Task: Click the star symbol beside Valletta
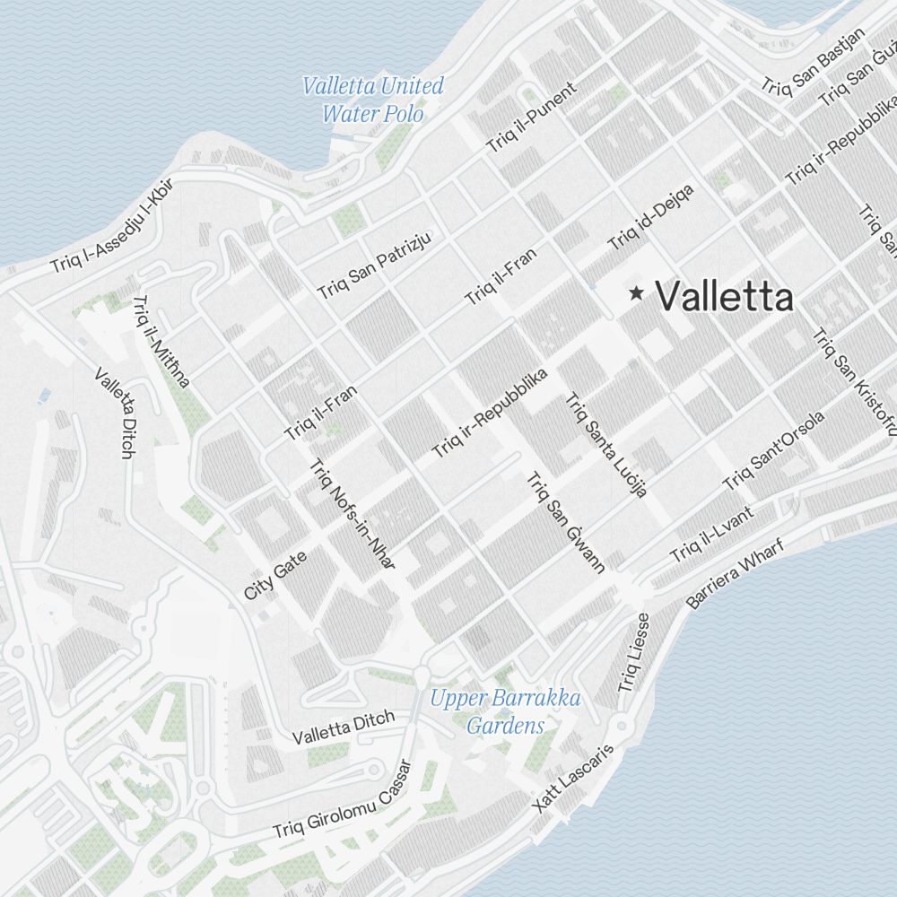click(x=637, y=292)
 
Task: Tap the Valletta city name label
click(x=725, y=297)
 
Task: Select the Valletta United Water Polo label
click(x=373, y=100)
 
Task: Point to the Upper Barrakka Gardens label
click(x=505, y=711)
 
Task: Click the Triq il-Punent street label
click(x=533, y=118)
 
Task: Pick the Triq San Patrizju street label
click(x=375, y=265)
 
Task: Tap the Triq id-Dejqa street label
click(x=650, y=217)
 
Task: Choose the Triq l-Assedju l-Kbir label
click(x=111, y=225)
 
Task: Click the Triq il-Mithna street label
click(x=161, y=342)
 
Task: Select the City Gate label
click(x=275, y=575)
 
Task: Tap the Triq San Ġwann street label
click(x=567, y=521)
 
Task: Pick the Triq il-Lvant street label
click(x=711, y=536)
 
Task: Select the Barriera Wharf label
click(x=735, y=573)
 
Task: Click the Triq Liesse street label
click(x=633, y=653)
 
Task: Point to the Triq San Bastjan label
click(x=813, y=60)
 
